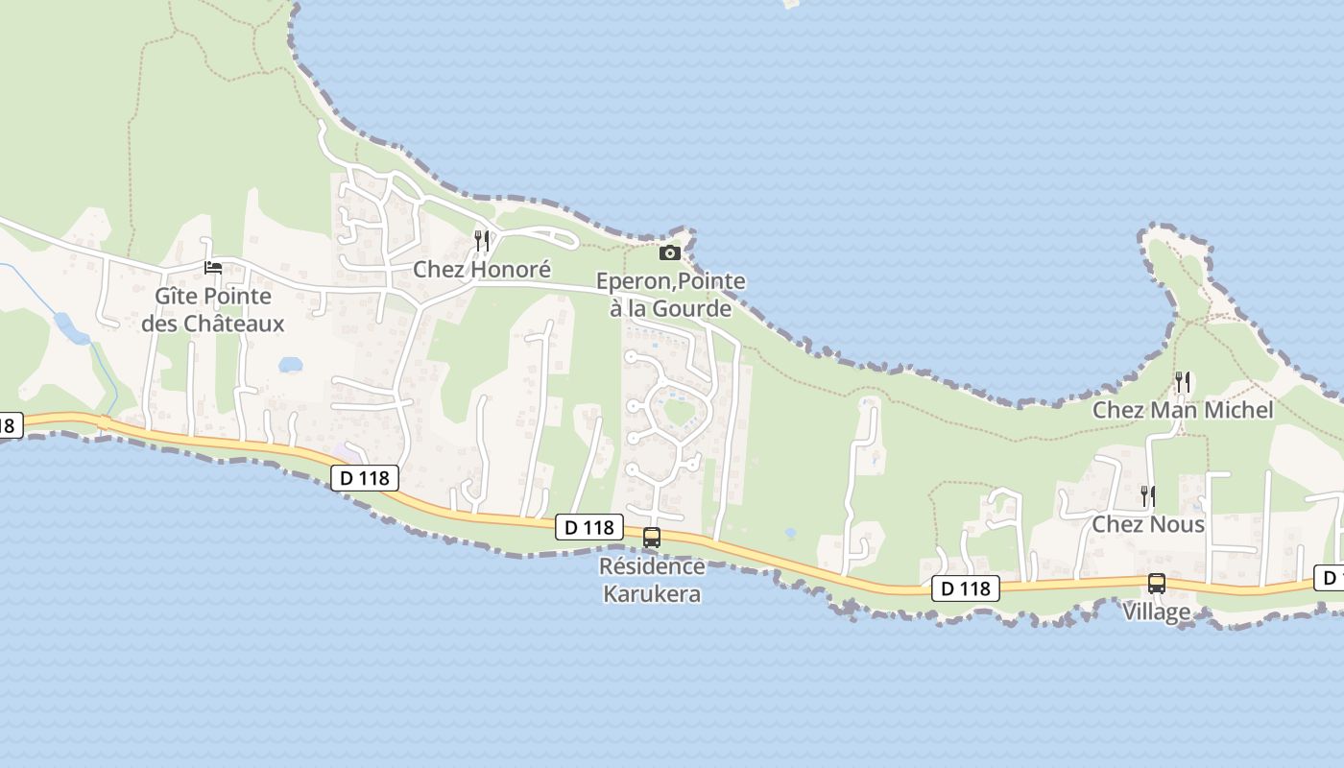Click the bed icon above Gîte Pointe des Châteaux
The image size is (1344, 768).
tap(213, 267)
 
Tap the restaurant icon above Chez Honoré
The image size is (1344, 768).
tap(482, 240)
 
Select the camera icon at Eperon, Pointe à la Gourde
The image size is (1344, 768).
tap(670, 252)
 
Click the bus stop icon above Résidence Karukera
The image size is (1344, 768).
tap(652, 538)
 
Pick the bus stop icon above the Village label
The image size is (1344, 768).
tap(1157, 583)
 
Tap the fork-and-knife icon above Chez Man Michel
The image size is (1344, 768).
tap(1183, 382)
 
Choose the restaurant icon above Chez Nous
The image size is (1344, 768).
tap(1147, 496)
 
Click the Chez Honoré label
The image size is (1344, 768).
tap(482, 270)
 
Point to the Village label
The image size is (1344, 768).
tap(1157, 612)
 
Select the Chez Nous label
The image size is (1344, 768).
tap(1148, 524)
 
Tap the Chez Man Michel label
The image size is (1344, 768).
tap(1183, 410)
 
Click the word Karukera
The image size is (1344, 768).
tap(652, 594)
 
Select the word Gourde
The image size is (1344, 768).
tap(693, 309)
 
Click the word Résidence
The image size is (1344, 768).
tap(652, 566)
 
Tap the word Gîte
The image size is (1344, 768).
tap(176, 297)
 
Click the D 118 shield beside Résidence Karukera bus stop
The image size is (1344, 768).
tap(588, 527)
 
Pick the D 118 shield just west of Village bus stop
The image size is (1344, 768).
tap(965, 588)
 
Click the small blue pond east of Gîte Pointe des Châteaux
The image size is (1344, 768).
tap(290, 365)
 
